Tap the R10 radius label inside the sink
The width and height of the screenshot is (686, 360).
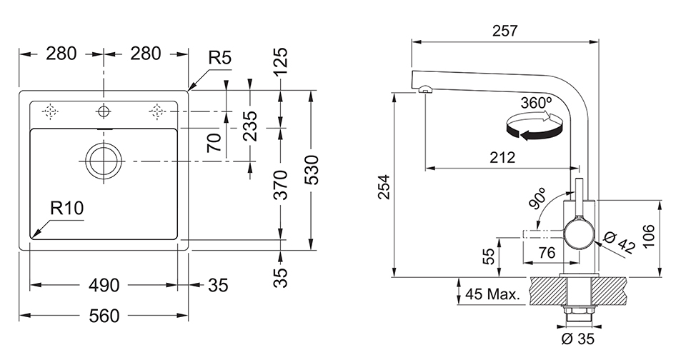(x=67, y=209)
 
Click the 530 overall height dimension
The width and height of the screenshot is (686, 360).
(x=312, y=170)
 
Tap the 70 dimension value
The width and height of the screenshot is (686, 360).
(x=214, y=142)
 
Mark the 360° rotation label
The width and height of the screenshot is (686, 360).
(x=536, y=102)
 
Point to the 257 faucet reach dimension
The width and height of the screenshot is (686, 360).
(x=504, y=31)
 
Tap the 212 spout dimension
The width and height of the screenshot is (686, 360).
(x=502, y=158)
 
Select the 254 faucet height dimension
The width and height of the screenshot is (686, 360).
(x=383, y=187)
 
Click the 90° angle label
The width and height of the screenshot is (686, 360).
(x=537, y=198)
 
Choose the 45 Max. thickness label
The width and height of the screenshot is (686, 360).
(x=492, y=294)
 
